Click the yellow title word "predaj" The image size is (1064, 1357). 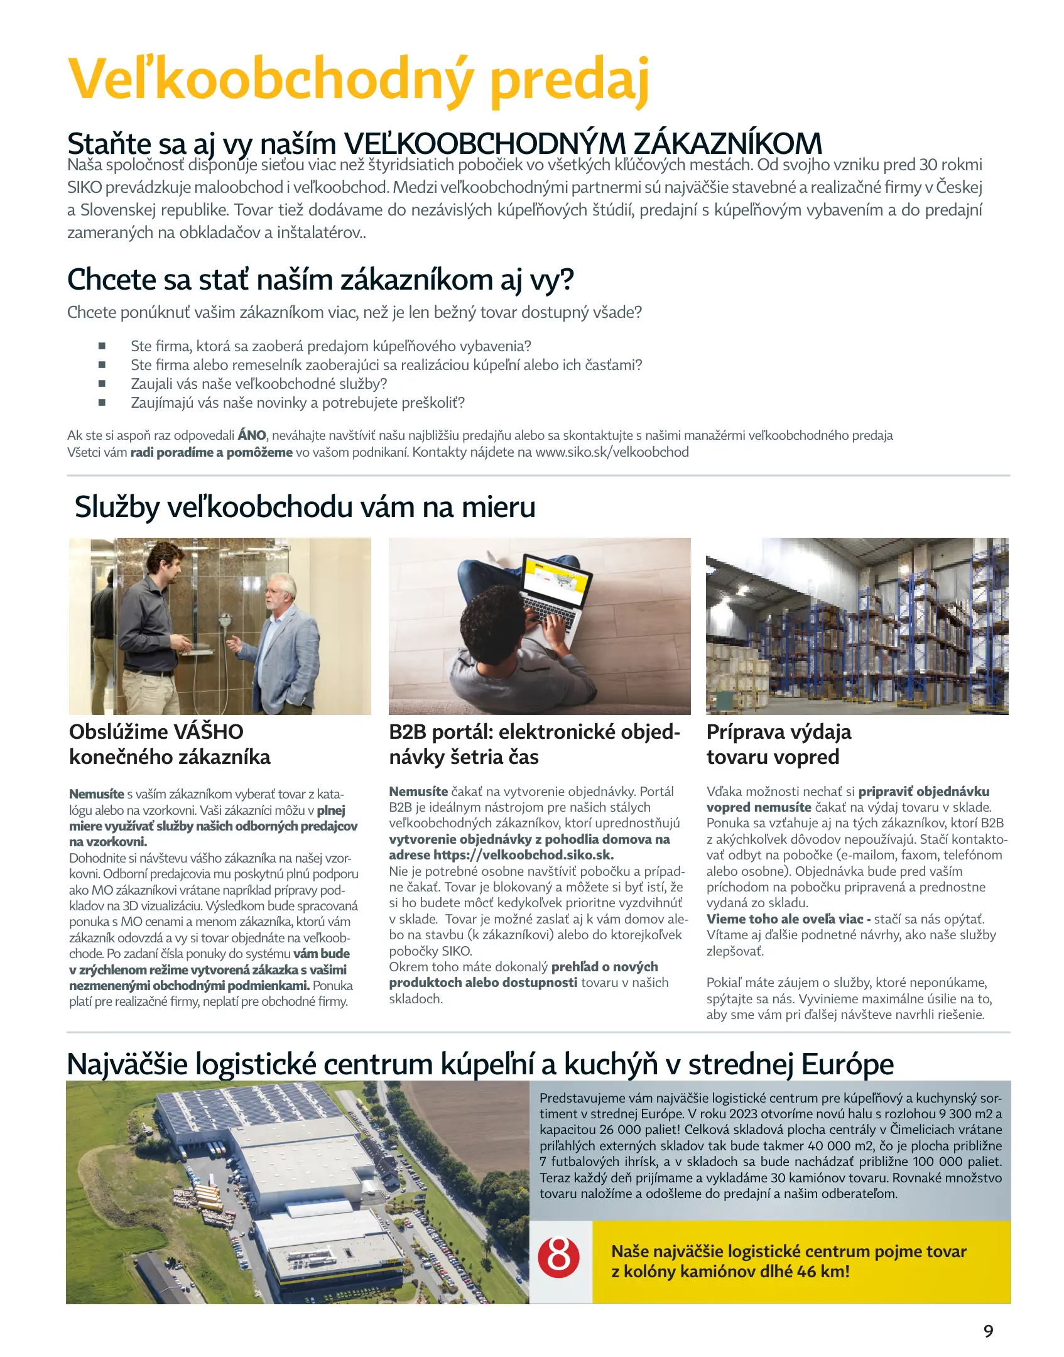[569, 80]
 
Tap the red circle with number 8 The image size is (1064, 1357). [558, 1256]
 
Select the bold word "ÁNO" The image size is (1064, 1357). [252, 435]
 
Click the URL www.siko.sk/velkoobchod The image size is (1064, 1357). [612, 452]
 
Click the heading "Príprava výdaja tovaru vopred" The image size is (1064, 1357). [779, 744]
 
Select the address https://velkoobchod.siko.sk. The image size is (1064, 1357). [523, 855]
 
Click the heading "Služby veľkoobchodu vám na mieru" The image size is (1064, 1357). [305, 507]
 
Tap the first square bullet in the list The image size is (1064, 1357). [102, 346]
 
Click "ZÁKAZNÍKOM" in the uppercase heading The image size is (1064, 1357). [727, 144]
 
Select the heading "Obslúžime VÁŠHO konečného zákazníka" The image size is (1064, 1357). [170, 744]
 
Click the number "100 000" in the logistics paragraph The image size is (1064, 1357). [936, 1162]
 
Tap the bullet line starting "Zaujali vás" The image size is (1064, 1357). [259, 384]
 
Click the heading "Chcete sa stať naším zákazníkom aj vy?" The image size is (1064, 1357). [320, 280]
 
